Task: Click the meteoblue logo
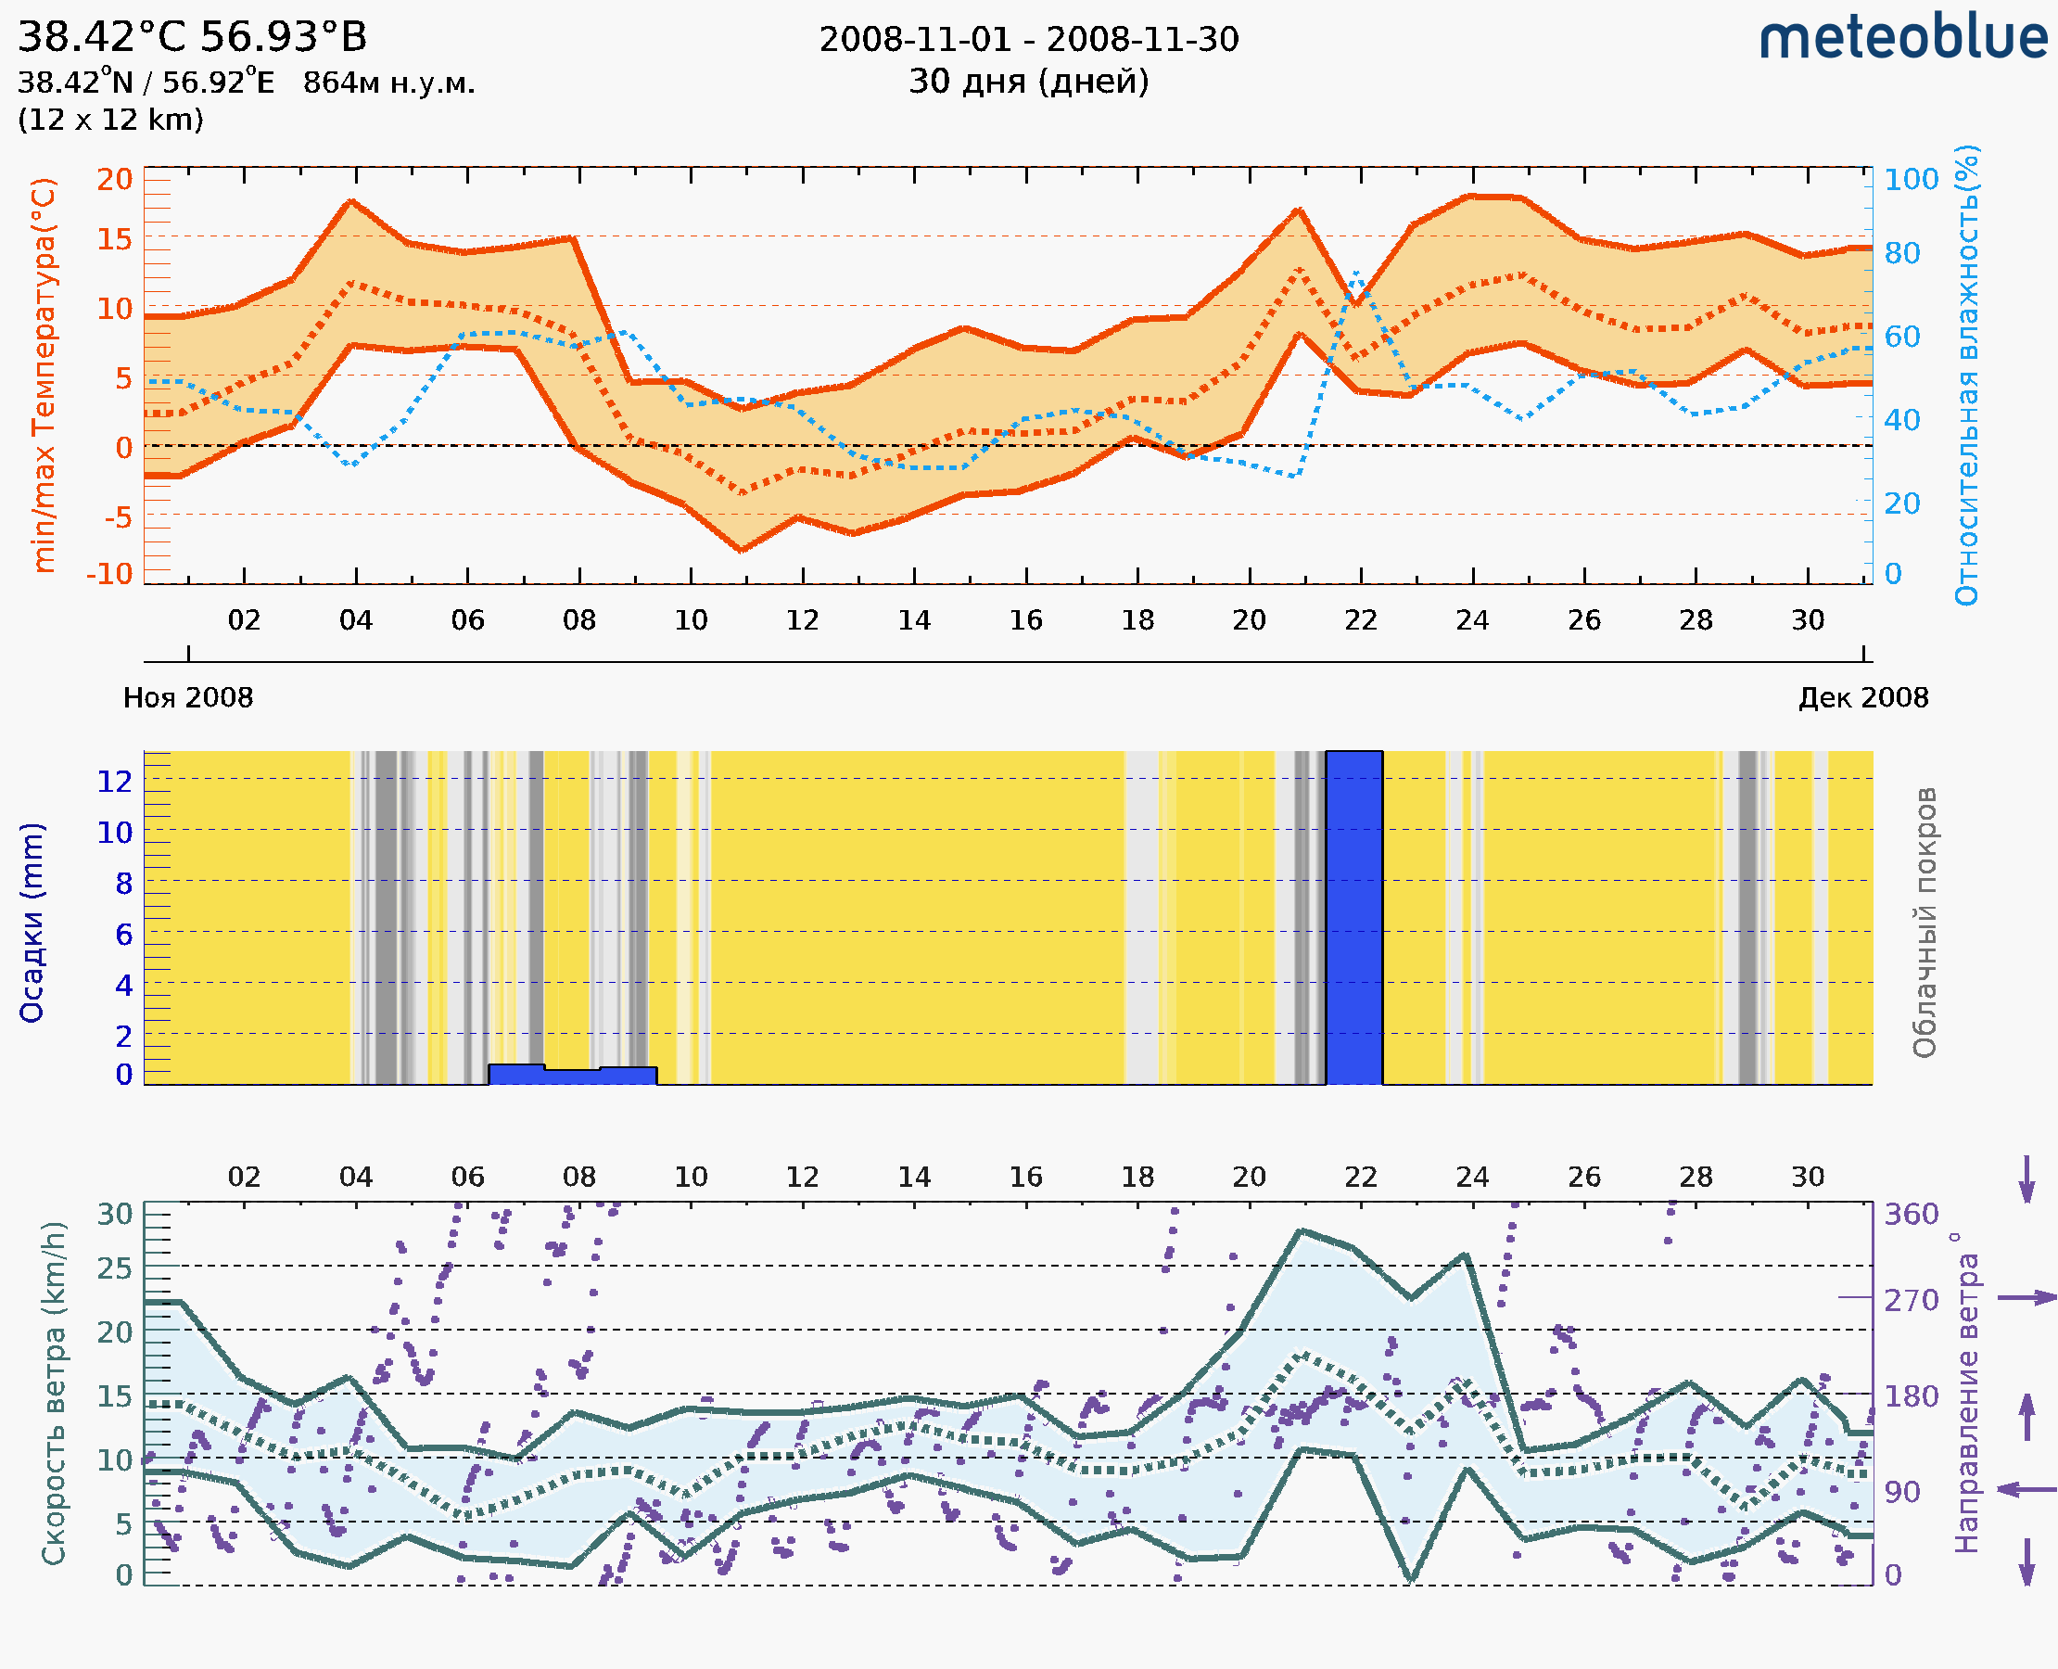(1902, 38)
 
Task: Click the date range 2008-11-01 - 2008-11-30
(1028, 40)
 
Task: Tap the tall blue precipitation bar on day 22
(1354, 918)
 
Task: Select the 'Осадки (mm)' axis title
(32, 923)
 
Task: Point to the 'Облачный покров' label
(1924, 923)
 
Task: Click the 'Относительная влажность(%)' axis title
(1966, 375)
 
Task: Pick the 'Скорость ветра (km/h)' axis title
(54, 1393)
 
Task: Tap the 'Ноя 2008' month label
(188, 697)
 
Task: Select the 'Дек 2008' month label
(1863, 697)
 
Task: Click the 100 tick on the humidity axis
(1911, 180)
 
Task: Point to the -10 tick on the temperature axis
(109, 574)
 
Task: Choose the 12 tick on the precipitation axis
(114, 782)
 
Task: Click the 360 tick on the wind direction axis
(1911, 1215)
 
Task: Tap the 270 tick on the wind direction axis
(1911, 1301)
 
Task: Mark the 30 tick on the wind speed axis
(114, 1215)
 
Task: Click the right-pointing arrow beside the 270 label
(2026, 1298)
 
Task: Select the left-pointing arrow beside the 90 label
(2026, 1489)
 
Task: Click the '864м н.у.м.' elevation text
(389, 83)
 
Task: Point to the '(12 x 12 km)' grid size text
(110, 121)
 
